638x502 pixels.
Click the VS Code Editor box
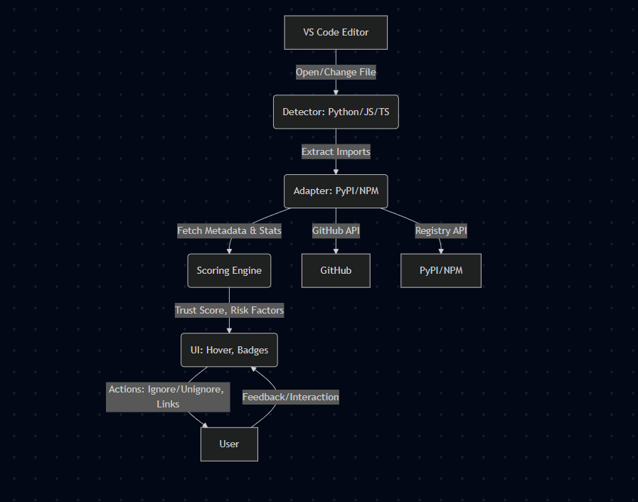click(336, 33)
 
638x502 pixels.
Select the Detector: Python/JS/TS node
click(336, 112)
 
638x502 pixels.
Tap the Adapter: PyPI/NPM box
click(336, 191)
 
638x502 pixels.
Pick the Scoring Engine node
click(229, 271)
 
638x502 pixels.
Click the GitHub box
click(336, 271)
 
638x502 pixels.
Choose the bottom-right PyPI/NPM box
click(441, 271)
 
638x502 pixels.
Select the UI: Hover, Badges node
click(229, 350)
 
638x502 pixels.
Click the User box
click(229, 444)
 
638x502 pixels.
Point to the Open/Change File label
click(336, 73)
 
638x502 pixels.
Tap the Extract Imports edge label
click(336, 152)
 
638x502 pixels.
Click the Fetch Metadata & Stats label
click(229, 230)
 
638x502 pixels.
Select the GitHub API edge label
click(336, 230)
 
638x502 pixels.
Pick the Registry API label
click(441, 230)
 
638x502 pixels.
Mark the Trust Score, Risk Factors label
click(229, 310)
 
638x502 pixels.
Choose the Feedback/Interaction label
click(291, 397)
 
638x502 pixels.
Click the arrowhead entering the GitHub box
click(336, 250)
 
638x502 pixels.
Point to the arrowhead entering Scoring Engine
click(229, 250)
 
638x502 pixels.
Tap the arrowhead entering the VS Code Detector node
click(336, 92)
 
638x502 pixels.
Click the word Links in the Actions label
click(168, 404)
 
